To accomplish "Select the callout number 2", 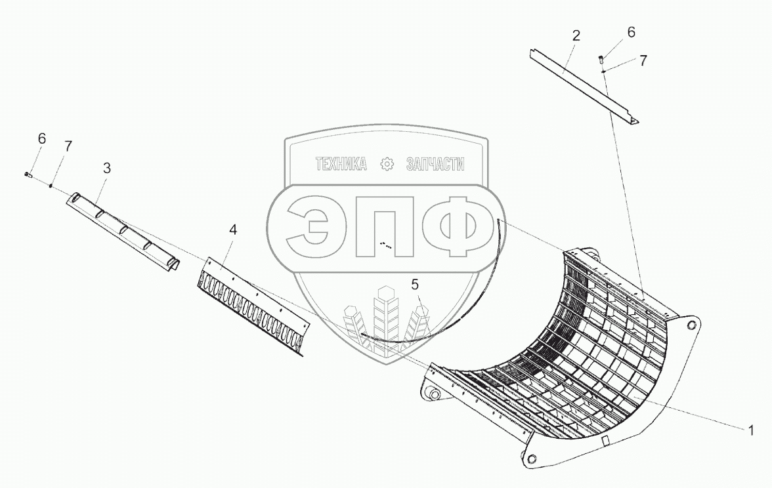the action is coord(576,36).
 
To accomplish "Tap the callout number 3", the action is coord(107,168).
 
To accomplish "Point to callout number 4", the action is coord(233,230).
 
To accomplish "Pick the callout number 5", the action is coord(415,284).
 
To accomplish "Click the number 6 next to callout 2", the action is coord(631,32).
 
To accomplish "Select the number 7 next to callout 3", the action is coord(68,146).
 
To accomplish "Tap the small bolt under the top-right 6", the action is coord(602,60).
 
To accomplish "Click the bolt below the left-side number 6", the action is coord(28,174).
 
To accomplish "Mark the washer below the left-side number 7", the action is coord(51,186).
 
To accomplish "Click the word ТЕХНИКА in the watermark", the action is coord(341,164).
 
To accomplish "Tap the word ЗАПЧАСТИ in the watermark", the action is coord(435,164).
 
